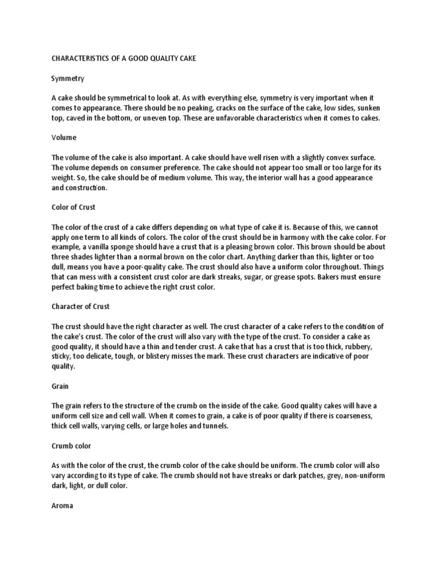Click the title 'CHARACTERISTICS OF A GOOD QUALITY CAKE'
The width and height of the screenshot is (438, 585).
[x=124, y=59]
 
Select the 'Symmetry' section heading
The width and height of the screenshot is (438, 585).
[x=67, y=78]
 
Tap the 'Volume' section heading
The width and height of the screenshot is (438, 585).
[x=64, y=138]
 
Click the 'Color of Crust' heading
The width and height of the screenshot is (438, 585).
[x=74, y=207]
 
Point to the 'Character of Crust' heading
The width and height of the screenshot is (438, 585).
[x=80, y=306]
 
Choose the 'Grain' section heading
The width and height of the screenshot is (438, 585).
[x=60, y=386]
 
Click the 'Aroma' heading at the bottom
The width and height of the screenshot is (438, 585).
[x=62, y=505]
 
